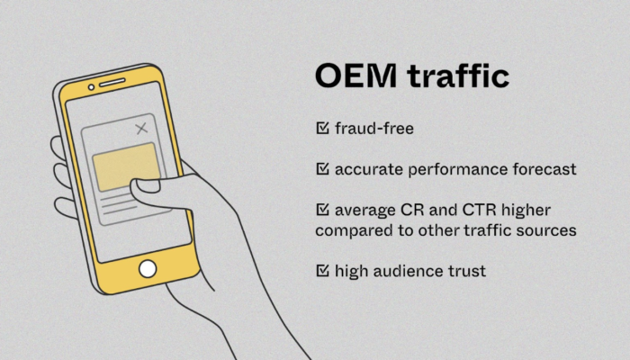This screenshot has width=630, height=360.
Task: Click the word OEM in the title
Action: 355,76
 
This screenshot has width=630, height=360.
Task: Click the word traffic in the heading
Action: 458,75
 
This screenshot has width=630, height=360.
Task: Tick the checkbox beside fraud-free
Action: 322,128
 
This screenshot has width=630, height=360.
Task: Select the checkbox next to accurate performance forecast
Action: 322,169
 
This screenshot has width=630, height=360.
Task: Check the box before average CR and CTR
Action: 322,210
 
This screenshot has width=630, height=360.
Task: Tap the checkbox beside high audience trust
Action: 322,270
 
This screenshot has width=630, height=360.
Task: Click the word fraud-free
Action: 374,129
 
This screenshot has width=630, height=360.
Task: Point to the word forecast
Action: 544,169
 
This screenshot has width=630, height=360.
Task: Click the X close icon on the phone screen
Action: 141,129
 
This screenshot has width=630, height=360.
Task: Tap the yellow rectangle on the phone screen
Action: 126,166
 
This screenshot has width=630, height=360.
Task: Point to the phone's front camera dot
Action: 91,87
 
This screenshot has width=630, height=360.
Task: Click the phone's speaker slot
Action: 112,83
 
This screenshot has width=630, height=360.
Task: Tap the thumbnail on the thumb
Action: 147,185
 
